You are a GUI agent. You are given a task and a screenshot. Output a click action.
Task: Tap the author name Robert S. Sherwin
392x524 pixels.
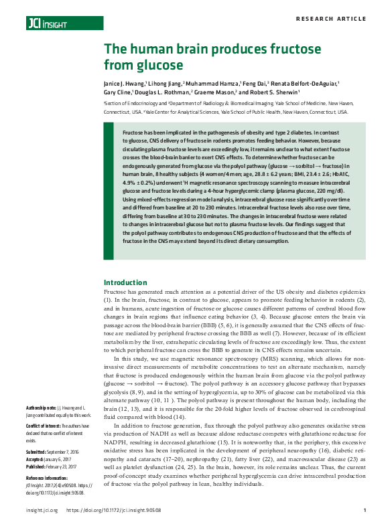[x=269, y=92]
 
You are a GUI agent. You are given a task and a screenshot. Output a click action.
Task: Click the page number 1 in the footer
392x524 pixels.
[x=363, y=510]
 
